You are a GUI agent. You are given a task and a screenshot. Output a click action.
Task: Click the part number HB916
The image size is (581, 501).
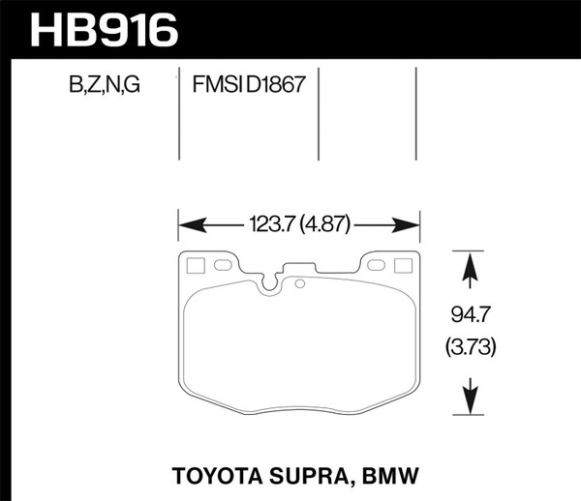click(106, 28)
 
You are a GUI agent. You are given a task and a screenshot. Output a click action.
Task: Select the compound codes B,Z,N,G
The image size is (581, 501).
click(104, 85)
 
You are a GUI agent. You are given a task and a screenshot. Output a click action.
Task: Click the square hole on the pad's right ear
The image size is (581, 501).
click(403, 265)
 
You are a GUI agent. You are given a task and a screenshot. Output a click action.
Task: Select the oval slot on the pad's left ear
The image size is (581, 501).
click(220, 264)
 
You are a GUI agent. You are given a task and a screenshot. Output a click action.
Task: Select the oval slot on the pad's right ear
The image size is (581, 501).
click(377, 264)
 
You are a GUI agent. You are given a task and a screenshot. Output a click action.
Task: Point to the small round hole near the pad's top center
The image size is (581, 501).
click(300, 283)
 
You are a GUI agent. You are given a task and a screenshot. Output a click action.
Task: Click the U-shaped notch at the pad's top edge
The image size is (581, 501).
click(269, 281)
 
